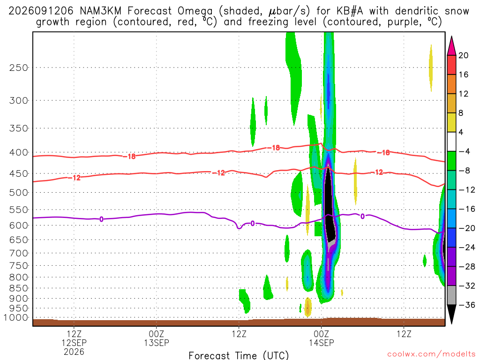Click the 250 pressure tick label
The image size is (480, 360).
click(18, 67)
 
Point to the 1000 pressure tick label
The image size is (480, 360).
click(15, 318)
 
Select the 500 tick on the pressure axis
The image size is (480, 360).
click(18, 193)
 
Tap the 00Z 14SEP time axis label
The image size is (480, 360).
click(322, 338)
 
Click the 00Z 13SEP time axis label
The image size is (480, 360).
click(157, 338)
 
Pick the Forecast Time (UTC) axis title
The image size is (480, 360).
click(239, 355)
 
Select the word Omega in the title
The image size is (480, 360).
click(195, 11)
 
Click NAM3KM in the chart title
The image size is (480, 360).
click(100, 11)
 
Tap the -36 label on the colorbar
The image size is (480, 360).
click(467, 305)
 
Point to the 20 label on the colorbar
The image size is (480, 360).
click(464, 55)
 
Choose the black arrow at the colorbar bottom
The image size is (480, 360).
click(451, 314)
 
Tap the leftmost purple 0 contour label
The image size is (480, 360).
click(101, 219)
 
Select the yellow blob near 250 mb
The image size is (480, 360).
click(431, 68)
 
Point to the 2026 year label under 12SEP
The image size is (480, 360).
click(74, 352)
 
